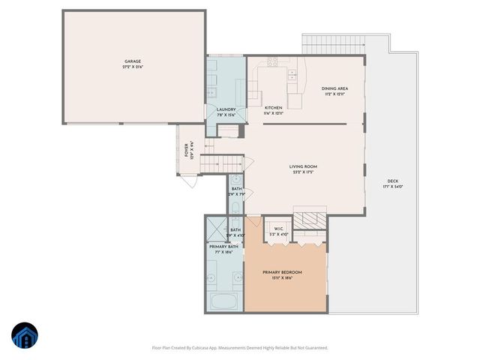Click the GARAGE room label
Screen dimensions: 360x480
click(132, 61)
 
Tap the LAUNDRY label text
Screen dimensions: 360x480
click(226, 109)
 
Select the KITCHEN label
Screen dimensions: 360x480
click(274, 108)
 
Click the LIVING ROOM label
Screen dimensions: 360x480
click(303, 166)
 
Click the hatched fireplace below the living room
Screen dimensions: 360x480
click(308, 220)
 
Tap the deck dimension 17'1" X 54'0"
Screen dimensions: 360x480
click(392, 187)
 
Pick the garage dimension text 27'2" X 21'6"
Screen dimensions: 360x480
click(132, 67)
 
